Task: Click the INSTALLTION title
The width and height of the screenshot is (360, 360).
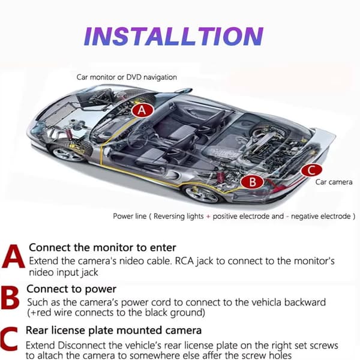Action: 173,36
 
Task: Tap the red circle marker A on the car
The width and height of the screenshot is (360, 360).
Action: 142,110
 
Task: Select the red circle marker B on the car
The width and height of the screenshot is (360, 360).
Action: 253,182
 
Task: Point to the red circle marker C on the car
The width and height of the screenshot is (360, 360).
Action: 311,170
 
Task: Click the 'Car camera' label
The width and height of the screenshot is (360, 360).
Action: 334,182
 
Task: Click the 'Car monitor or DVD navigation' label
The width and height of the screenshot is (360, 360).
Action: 127,77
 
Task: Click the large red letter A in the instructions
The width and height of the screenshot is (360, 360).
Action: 13,256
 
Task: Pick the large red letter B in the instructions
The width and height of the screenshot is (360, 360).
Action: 10,298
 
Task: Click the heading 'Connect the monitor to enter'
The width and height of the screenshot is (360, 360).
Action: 103,247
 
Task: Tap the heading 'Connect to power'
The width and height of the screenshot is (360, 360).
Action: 71,289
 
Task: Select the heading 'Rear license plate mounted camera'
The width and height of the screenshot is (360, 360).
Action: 113,331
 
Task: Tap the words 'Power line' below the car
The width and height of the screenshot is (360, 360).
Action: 130,216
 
